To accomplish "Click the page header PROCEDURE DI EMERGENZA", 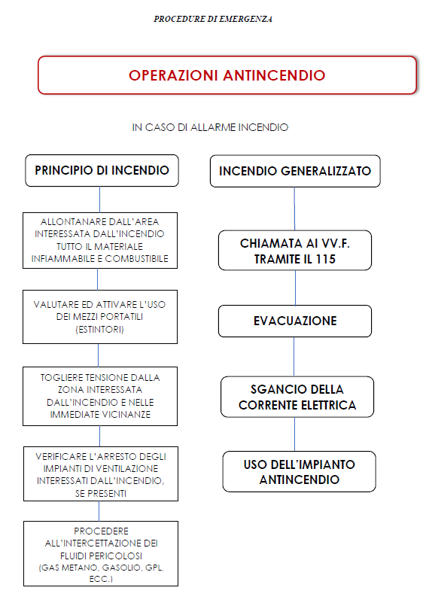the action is point(213,19).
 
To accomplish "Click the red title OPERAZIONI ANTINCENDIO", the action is point(227,75).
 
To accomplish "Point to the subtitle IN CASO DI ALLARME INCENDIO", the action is point(210,127).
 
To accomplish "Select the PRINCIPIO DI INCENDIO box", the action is point(102,171).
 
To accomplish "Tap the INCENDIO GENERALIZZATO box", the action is point(295,171).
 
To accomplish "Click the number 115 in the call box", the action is point(326,259).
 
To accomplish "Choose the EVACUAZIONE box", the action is point(295,321).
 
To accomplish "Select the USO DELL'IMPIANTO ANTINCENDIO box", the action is point(300,472).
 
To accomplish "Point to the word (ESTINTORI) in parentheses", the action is point(99,330).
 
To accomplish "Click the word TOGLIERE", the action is point(60,378).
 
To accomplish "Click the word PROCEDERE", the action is point(101,531).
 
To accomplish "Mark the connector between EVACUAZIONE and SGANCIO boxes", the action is point(294,357).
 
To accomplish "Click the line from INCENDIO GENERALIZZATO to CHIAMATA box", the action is point(294,209).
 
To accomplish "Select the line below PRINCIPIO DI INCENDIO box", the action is point(99,199).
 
